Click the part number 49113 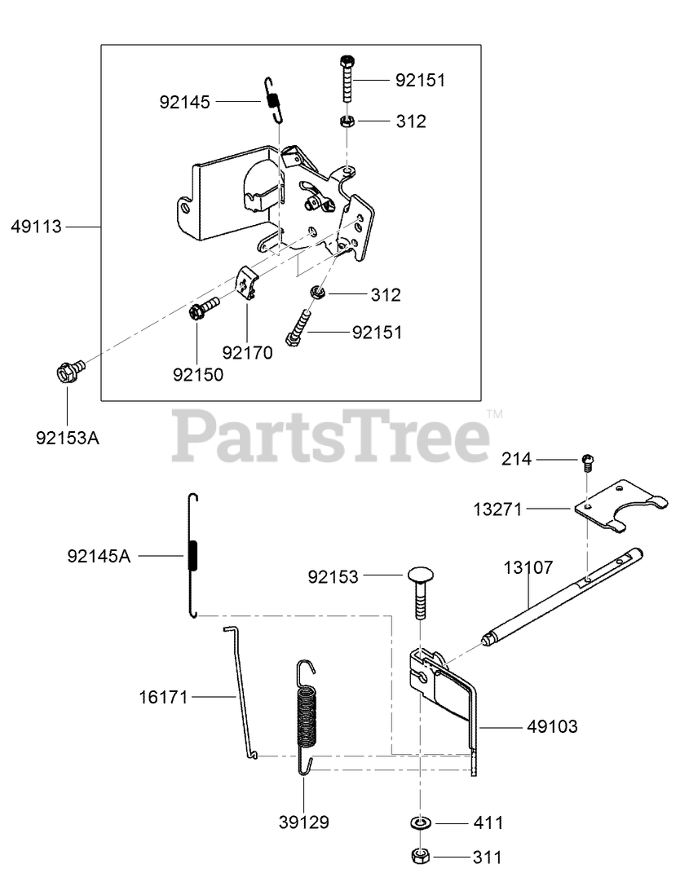pos(36,227)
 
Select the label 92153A pos(67,438)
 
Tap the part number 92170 pos(247,352)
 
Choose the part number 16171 pos(163,697)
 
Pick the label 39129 pos(303,822)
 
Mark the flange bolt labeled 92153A pos(68,373)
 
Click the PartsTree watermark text pos(331,437)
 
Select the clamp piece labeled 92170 pos(247,284)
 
